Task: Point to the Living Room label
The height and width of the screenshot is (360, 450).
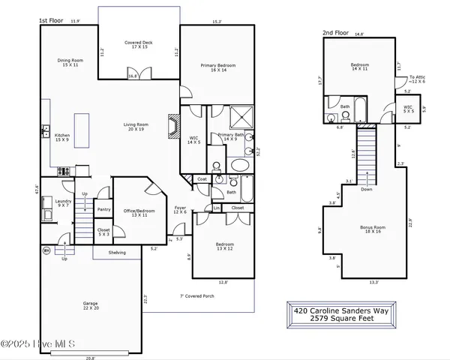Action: point(136,127)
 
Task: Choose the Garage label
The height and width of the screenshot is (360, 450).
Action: point(90,305)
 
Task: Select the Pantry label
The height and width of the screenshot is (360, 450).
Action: point(103,209)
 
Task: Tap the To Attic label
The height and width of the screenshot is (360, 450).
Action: point(416,79)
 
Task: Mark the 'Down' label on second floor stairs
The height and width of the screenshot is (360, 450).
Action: point(365,190)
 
